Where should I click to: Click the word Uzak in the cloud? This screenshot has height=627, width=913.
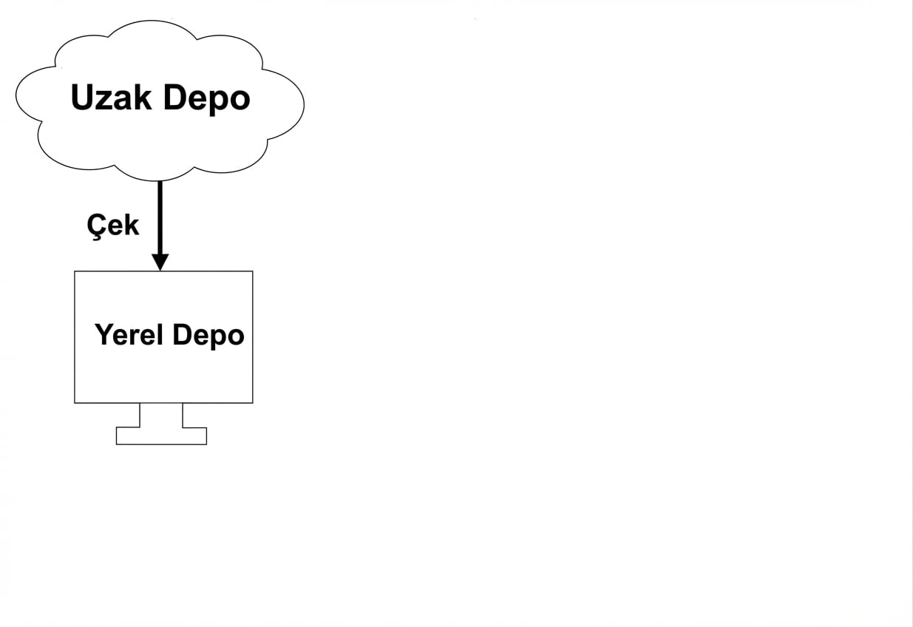(x=112, y=98)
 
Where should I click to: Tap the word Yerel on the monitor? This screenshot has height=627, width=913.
(x=129, y=335)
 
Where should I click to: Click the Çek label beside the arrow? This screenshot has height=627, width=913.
(x=113, y=224)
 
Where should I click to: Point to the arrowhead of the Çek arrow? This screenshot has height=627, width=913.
(x=160, y=262)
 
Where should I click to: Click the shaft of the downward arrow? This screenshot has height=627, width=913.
(x=160, y=218)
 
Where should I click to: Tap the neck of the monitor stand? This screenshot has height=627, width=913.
(x=161, y=415)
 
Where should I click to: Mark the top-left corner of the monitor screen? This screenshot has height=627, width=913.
(x=75, y=271)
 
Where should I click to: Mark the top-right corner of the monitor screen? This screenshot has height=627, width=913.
(x=253, y=271)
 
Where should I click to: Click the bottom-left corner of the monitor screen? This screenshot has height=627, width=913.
(x=75, y=403)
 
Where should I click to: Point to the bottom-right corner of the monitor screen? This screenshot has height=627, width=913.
(x=253, y=403)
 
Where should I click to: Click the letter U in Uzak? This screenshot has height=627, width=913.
(x=82, y=98)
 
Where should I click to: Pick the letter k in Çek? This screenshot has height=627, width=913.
(x=132, y=224)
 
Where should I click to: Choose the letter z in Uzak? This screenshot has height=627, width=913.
(x=103, y=101)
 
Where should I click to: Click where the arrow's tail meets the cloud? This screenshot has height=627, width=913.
(x=160, y=182)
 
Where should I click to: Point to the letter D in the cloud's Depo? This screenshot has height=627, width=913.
(x=174, y=98)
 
